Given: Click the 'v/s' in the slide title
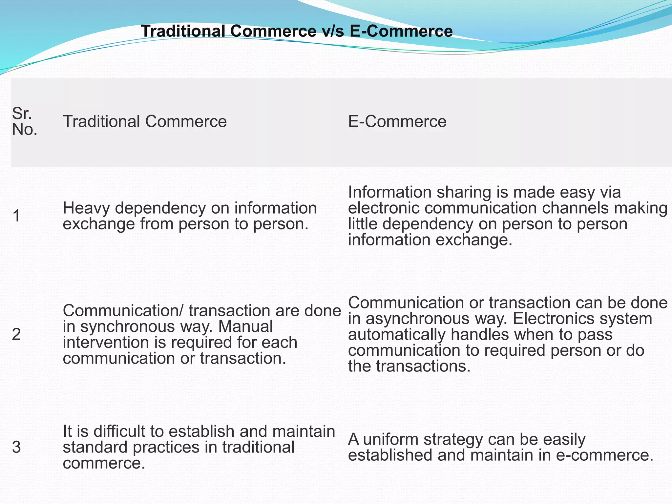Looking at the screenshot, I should pyautogui.click(x=330, y=31).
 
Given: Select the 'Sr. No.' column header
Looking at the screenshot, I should pyautogui.click(x=24, y=121).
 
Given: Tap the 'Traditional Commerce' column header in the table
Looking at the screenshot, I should pyautogui.click(x=145, y=121).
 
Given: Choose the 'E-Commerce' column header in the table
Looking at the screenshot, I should pyautogui.click(x=397, y=121).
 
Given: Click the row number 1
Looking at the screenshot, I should pyautogui.click(x=16, y=216).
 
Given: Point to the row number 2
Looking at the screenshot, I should pyautogui.click(x=16, y=335).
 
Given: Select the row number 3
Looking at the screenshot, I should pyautogui.click(x=16, y=447).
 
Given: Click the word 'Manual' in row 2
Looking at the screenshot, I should pyautogui.click(x=245, y=327).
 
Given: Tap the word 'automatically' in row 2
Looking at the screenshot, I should pyautogui.click(x=396, y=335).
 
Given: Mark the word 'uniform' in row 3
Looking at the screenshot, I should pyautogui.click(x=390, y=440).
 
